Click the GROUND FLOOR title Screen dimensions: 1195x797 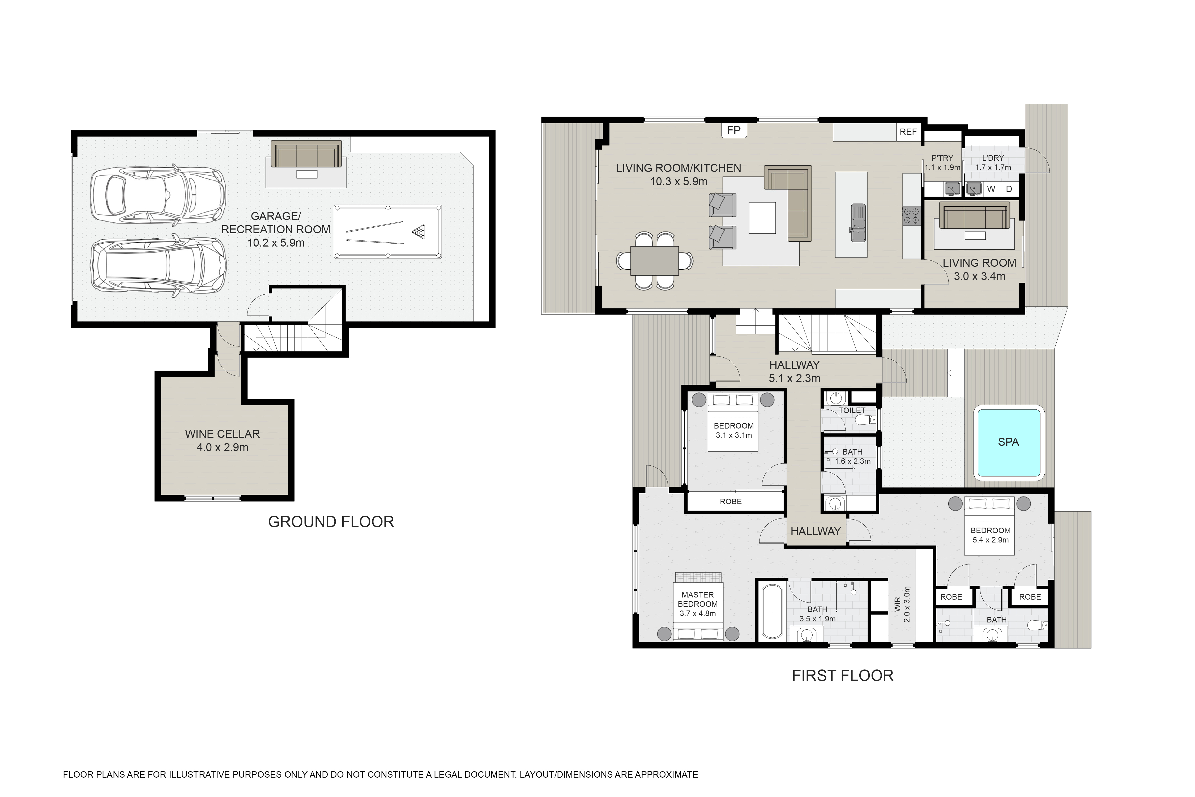tap(331, 522)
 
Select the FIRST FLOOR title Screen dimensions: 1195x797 tap(842, 676)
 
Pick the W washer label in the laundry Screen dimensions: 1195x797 tap(991, 189)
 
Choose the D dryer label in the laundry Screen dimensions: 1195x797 tap(1009, 189)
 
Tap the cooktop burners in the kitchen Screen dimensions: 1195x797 tap(911, 216)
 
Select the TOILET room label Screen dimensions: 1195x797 tap(852, 410)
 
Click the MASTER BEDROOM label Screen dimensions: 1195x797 tap(698, 599)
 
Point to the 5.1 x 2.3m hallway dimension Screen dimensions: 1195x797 tap(795, 378)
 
